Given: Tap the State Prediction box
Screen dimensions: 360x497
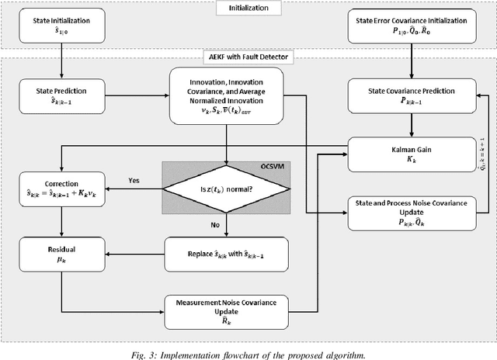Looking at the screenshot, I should [60, 95].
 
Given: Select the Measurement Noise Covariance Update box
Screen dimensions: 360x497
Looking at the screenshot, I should [225, 306].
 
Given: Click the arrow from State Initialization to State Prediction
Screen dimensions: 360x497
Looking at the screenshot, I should [60, 62].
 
